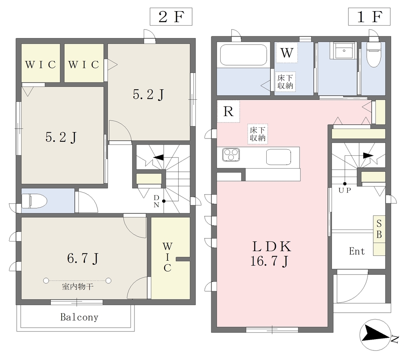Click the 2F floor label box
tap(171, 16)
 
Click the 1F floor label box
tap(369, 16)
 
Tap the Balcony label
tap(79, 317)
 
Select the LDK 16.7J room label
tap(271, 253)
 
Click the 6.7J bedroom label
tap(82, 258)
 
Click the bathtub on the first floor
tap(243, 55)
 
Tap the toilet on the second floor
tap(34, 201)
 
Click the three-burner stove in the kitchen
tap(231, 155)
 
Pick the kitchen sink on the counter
tap(279, 157)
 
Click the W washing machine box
tap(287, 52)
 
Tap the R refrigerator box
tap(228, 112)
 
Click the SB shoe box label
tap(379, 229)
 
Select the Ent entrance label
tap(357, 251)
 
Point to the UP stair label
tap(345, 190)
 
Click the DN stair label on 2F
tap(156, 201)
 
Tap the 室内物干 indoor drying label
tap(78, 287)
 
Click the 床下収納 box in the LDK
tap(258, 134)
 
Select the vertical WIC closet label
tap(167, 257)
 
